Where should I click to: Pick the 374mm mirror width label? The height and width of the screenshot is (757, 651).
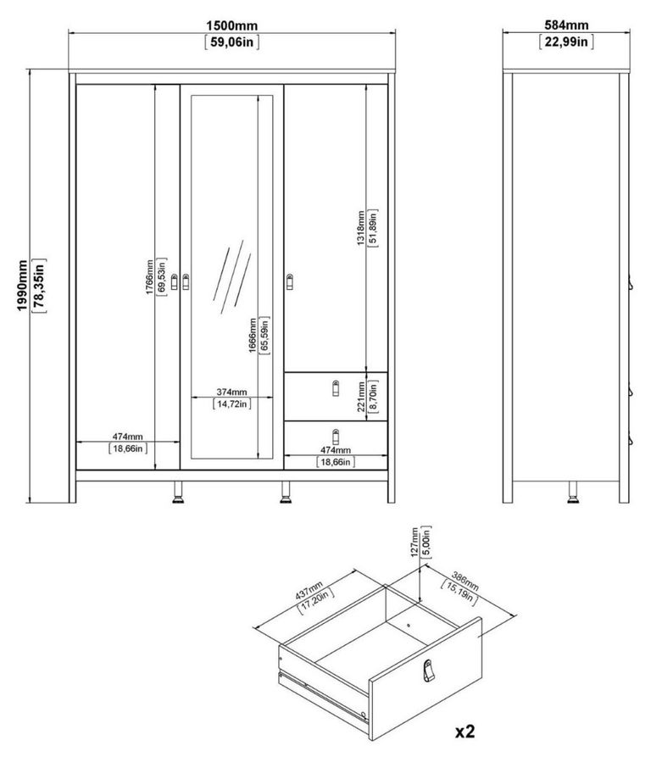pos(231,392)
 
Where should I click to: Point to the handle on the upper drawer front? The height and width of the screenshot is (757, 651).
pos(336,387)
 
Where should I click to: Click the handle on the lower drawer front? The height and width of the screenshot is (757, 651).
pos(336,436)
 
